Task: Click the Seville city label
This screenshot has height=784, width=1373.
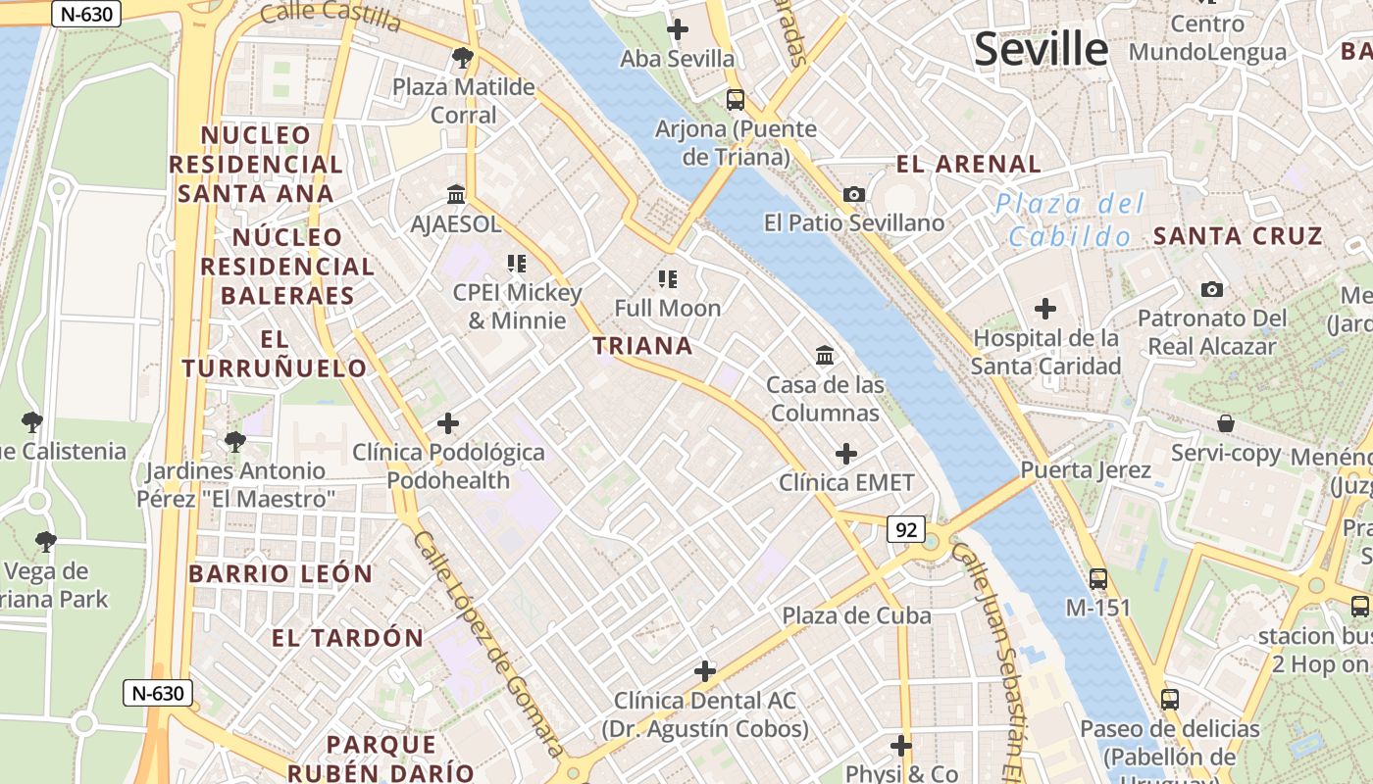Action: point(1041,48)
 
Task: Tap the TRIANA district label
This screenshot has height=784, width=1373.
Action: point(642,346)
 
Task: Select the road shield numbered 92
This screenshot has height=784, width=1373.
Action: point(906,530)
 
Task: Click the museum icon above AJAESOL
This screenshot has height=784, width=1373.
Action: point(456,194)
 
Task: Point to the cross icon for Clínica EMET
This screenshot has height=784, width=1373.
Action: point(845,454)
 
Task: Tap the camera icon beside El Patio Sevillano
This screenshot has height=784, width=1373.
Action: point(854,194)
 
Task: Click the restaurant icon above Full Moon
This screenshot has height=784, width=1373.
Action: point(668,279)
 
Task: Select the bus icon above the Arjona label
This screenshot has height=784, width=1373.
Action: point(736,99)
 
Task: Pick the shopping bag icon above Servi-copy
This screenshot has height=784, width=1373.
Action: point(1226,423)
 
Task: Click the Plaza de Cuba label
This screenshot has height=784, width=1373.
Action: point(856,615)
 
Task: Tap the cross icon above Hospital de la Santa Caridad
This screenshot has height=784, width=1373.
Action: point(1045,309)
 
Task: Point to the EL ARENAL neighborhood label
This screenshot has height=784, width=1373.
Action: point(968,164)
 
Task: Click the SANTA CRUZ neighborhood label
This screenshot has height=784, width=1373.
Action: point(1238,236)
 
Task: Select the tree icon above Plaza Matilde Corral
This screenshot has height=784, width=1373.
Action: point(463,58)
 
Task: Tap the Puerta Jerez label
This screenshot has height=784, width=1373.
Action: point(1086,469)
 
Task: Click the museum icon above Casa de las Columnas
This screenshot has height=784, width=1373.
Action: point(825,355)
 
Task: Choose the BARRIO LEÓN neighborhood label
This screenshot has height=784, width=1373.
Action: point(280,574)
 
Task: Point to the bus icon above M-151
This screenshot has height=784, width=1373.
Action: point(1098,578)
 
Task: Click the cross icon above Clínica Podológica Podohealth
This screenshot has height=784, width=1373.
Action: point(448,423)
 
